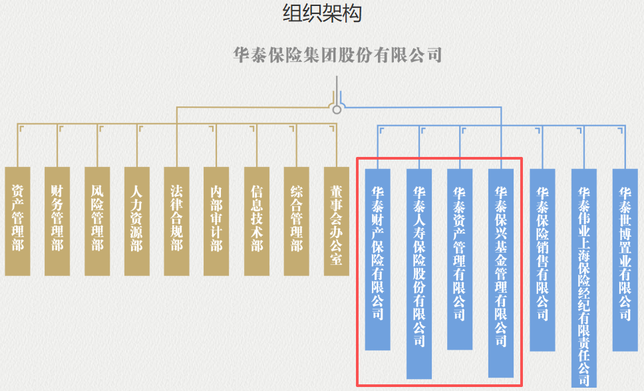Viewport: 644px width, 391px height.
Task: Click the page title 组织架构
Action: coord(322,13)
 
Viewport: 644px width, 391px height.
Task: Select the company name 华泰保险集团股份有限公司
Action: coord(338,55)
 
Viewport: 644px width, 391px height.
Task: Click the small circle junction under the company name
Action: coord(337,109)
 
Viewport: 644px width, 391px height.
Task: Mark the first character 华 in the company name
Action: coord(241,55)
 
